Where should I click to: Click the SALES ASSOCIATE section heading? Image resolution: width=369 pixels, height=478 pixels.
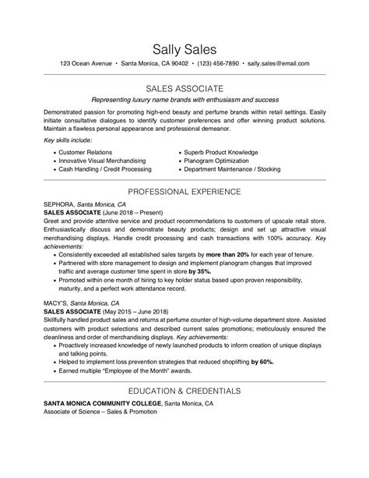pos(184,88)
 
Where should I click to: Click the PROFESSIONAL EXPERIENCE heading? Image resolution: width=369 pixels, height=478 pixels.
pos(184,191)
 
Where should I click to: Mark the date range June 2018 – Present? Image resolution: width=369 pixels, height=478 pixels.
pos(126,211)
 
